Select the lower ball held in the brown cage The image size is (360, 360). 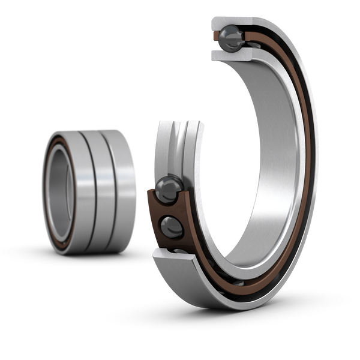tap(171, 227)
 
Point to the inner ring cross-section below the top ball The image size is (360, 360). tap(231, 55)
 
